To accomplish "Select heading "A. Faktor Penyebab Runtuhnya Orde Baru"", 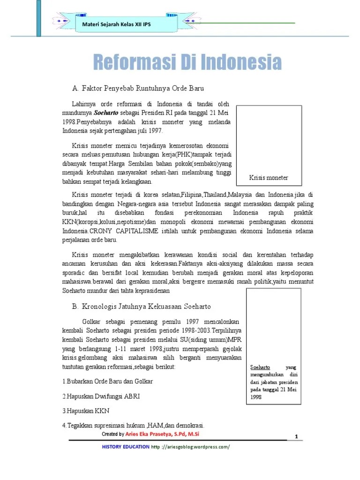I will point(138,88).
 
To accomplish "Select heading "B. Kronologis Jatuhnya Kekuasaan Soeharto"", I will point(142,306).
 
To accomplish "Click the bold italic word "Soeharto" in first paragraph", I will point(107,113).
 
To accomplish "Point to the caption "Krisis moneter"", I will point(269,178).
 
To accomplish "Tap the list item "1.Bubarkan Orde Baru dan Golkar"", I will point(107,381).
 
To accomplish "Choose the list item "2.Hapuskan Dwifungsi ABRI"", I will point(101,396).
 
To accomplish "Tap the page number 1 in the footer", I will point(296,436).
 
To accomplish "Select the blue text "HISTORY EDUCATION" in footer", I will point(125,447).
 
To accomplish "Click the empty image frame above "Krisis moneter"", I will point(269,138).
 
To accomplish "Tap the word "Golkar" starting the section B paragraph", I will point(91,322).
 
